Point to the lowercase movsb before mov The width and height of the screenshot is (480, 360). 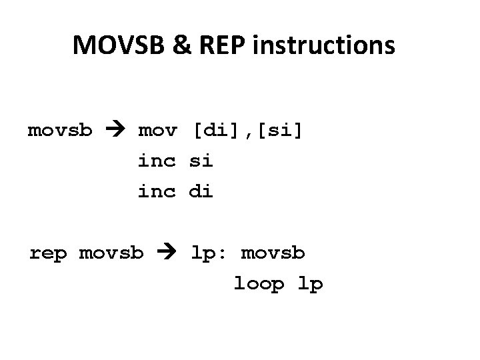point(60,129)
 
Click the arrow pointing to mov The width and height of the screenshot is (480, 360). point(115,129)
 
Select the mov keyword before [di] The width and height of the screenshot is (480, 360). point(157,129)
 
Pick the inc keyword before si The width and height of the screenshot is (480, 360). point(157,161)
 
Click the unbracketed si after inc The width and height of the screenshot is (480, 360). point(202,161)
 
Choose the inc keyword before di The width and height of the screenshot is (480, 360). point(157,192)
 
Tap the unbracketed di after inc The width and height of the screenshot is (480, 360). point(202,192)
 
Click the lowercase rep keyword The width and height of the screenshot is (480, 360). point(48,254)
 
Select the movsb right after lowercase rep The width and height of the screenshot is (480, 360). point(111,253)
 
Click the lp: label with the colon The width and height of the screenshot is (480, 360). point(210,254)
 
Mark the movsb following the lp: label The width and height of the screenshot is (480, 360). point(273,253)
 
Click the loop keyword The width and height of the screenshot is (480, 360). point(259,285)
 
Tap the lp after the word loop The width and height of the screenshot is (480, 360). point(310,285)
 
